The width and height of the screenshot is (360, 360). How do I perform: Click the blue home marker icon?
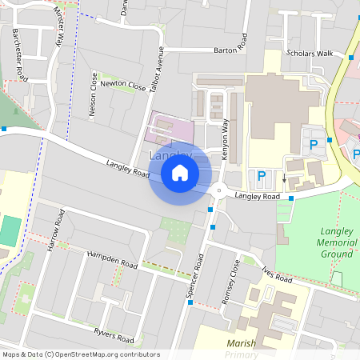point(180,172)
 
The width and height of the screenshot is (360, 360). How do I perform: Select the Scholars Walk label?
point(308,54)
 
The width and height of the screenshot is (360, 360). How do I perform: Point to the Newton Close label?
point(123,84)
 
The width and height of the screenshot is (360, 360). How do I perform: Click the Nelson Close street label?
point(94,99)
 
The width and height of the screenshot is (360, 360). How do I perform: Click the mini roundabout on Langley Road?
point(218,190)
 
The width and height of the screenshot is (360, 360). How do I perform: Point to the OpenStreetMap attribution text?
point(81,354)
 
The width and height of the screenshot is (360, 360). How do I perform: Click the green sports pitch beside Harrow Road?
point(10,231)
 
